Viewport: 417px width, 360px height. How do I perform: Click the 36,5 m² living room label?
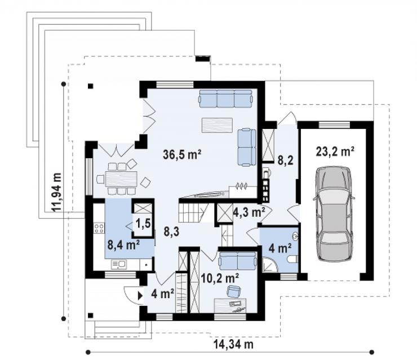tap(182, 154)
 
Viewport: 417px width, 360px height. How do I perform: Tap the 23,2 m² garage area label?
tap(335, 152)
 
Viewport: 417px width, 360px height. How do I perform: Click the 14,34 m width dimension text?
tap(233, 344)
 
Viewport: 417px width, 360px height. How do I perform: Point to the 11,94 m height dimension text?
tap(57, 192)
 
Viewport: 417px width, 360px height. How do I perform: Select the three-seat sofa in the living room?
tap(225, 99)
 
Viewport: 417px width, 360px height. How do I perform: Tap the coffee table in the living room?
tap(217, 125)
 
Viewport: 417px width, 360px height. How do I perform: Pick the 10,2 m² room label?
tap(220, 278)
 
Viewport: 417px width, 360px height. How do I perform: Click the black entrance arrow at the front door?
tap(140, 296)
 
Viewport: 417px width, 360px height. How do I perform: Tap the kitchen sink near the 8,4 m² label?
tap(119, 264)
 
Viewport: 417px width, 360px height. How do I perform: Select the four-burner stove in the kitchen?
tap(99, 228)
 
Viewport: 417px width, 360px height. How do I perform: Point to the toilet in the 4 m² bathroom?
tap(292, 259)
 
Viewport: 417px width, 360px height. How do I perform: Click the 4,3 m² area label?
tap(249, 212)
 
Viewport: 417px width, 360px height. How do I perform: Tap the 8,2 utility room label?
tap(285, 161)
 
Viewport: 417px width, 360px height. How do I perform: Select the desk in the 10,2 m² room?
tap(230, 305)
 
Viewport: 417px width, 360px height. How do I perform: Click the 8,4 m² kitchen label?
tap(123, 245)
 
